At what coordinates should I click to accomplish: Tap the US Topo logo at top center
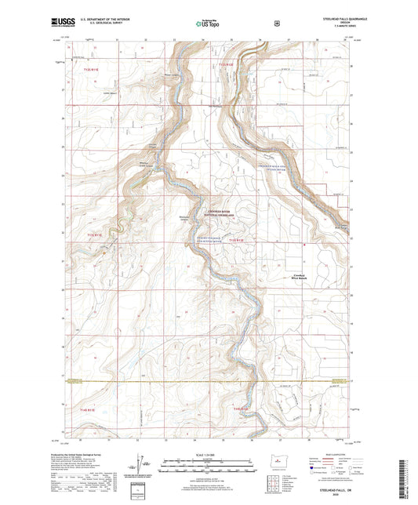coord(208,24)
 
